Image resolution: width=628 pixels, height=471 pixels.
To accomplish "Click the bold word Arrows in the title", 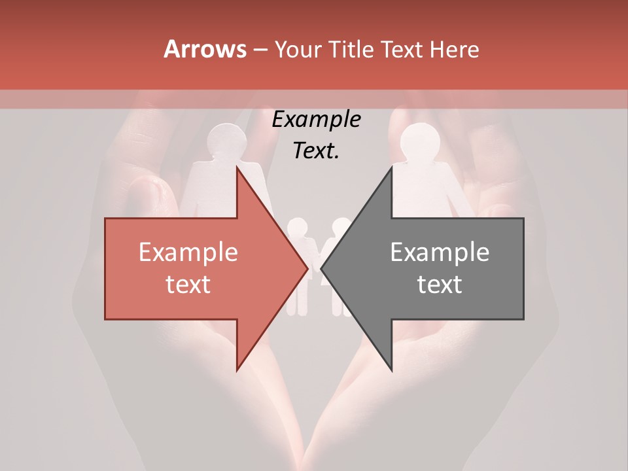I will click(x=204, y=50).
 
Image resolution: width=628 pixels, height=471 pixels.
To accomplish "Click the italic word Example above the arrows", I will click(x=317, y=120).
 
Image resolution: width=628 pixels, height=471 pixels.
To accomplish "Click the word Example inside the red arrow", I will click(x=188, y=253).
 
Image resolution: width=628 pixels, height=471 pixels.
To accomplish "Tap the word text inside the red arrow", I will click(x=188, y=284).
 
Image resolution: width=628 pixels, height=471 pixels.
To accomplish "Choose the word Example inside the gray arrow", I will click(x=440, y=253).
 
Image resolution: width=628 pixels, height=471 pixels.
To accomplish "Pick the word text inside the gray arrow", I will click(x=440, y=284).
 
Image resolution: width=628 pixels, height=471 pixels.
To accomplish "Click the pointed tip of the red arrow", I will click(x=308, y=268).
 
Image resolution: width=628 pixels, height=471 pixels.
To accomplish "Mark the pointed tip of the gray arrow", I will click(x=321, y=268).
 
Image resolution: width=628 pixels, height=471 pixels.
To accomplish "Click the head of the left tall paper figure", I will click(x=226, y=141).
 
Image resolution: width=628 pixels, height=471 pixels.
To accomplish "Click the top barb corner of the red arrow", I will click(x=237, y=166).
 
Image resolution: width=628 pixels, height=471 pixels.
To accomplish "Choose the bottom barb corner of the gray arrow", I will click(x=392, y=371).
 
